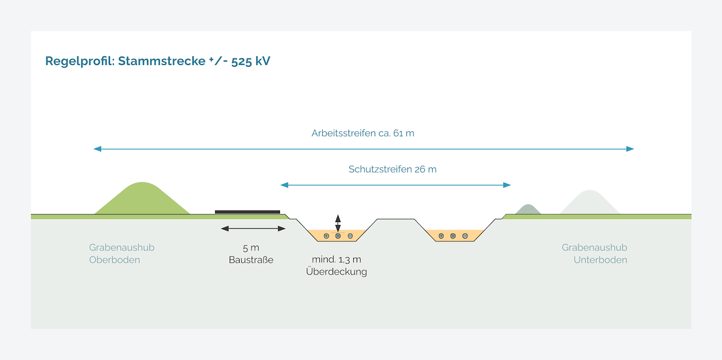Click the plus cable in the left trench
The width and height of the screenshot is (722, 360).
[x=326, y=236]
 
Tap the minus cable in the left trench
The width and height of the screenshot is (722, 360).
[x=350, y=236]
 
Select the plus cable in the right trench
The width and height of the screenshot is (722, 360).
[x=441, y=236]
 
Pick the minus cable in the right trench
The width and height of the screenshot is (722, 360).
[x=465, y=236]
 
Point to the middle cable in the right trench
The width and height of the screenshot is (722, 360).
[x=453, y=236]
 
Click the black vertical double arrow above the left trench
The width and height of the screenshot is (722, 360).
[x=338, y=223]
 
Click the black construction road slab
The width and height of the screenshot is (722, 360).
[x=247, y=212]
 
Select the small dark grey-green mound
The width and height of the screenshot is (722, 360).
[x=528, y=210]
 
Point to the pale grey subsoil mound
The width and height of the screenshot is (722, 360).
[x=589, y=203]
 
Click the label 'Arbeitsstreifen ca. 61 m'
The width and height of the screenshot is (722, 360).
[x=363, y=133]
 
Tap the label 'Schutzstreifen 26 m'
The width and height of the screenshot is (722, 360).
[x=392, y=169]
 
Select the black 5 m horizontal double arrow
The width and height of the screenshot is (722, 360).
[x=253, y=229]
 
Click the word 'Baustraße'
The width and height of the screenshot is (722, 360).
[x=251, y=260]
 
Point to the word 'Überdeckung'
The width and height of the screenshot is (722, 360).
[x=336, y=271]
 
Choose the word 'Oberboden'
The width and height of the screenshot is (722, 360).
[x=114, y=260]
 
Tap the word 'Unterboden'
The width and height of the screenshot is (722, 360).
[x=600, y=260]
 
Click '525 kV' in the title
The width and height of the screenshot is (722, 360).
[x=251, y=61]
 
